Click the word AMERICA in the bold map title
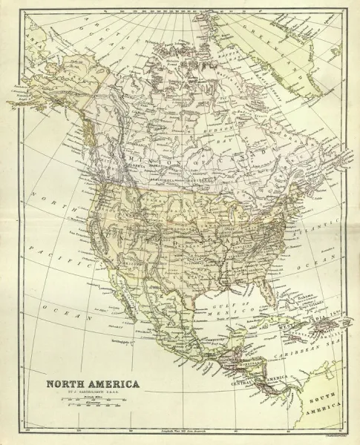[x=114, y=384]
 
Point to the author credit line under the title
[x=89, y=394]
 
